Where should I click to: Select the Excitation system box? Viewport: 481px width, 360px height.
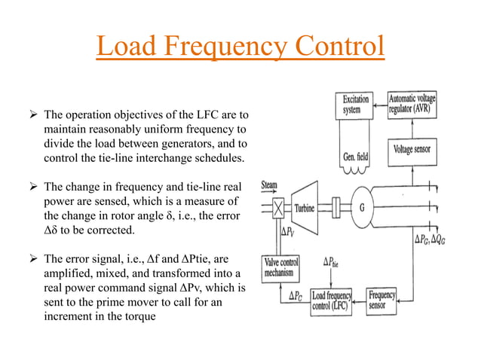(356, 105)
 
